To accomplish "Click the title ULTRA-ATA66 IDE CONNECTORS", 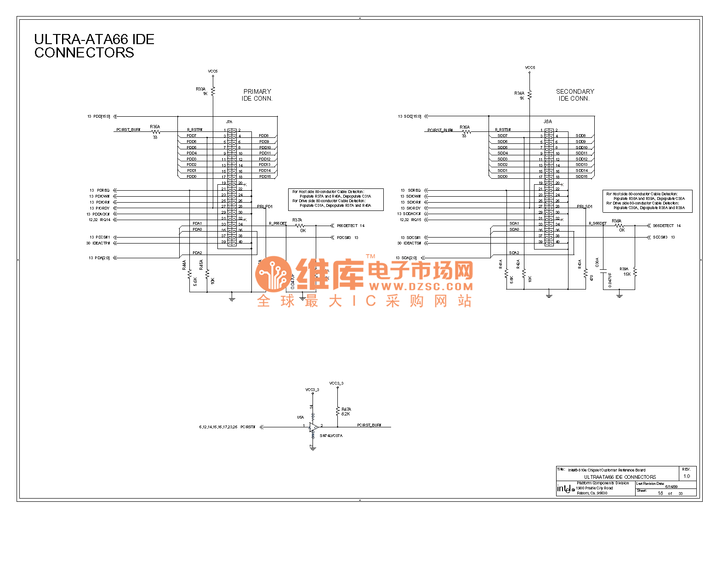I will tap(94, 46).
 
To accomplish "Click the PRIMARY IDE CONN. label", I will tap(257, 95).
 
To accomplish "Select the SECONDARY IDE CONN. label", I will tap(574, 95).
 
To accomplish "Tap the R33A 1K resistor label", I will tap(201, 91).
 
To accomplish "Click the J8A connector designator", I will tap(547, 121).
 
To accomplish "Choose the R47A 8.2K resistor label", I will tap(346, 411).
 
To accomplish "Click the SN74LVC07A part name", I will tap(331, 436).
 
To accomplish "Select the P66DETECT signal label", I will tap(347, 226).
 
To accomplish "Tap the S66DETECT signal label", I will tap(663, 226).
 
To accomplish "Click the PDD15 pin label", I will tap(265, 176).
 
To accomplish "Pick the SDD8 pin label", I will tap(580, 136).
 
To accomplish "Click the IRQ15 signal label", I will tap(415, 220).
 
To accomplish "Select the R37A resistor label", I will tap(297, 220).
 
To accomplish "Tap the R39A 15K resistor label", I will tap(625, 272).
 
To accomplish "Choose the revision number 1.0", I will tap(687, 476).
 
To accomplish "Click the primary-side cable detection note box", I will tap(336, 199).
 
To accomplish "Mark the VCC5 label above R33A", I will tap(213, 71).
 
